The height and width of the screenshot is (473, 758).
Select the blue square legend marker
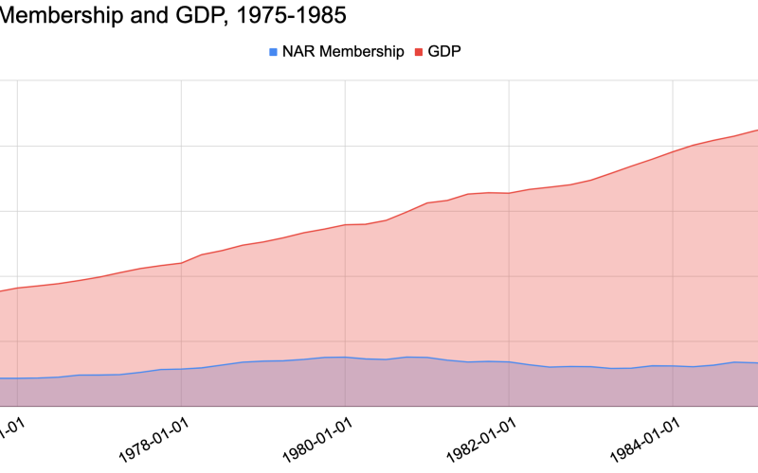pos(274,52)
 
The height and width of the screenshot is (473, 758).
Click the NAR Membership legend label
pos(343,52)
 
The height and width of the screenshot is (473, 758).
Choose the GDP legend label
pos(444,52)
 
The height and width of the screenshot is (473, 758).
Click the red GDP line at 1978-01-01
pos(181,262)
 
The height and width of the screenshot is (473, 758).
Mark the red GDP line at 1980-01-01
pos(345,224)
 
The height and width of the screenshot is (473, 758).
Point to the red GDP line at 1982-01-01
pos(509,193)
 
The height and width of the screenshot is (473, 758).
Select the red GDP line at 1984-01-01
pos(673,151)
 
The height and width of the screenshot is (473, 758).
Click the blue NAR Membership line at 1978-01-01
pos(181,369)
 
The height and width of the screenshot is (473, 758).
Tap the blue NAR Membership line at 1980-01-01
pos(345,357)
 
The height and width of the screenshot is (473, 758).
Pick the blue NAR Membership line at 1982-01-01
pos(509,361)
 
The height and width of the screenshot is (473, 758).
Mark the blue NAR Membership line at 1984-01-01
pos(673,366)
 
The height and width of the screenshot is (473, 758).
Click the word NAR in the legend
pos(298,52)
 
